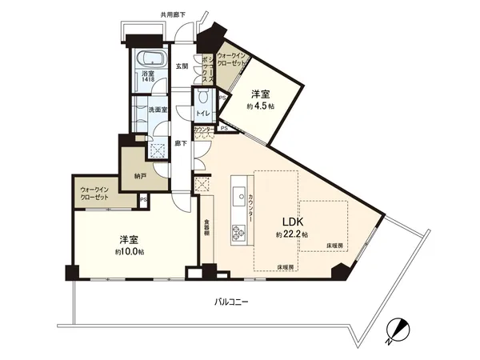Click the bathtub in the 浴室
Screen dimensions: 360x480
pos(150,62)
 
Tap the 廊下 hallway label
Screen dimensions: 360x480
pos(182,144)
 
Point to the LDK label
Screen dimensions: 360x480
pos(290,222)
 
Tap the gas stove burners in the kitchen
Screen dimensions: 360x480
pos(238,232)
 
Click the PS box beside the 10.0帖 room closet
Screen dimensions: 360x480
pos(142,200)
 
